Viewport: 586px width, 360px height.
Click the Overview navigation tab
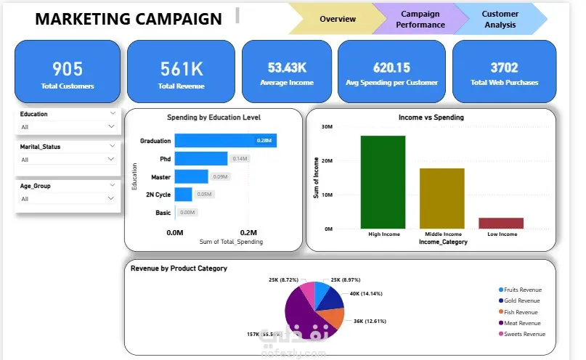tap(337, 19)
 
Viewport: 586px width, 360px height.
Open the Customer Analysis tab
tap(500, 19)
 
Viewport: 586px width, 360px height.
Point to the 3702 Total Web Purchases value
tap(504, 68)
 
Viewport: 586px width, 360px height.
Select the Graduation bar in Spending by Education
tap(225, 141)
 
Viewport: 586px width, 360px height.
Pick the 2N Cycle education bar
tap(183, 195)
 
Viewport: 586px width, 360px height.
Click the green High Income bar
tap(383, 181)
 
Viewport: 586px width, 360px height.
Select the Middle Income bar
tap(441, 198)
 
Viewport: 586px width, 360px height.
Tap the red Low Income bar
tap(500, 223)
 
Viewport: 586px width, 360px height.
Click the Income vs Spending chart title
tap(431, 117)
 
